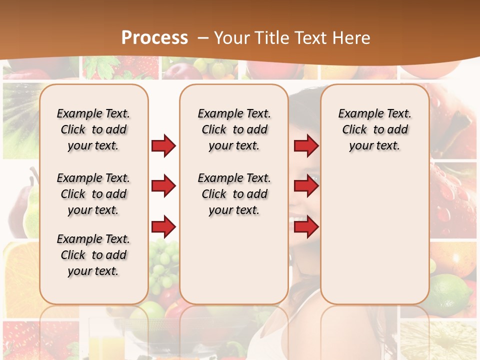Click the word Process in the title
154,37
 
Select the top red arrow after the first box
163,145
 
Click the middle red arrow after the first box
163,186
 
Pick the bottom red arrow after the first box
163,227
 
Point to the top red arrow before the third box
306,145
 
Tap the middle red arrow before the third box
306,186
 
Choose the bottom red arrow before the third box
306,227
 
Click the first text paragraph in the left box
93,129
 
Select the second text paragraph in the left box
93,194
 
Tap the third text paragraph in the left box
93,255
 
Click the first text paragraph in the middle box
234,129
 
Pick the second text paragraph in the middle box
234,194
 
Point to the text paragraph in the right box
375,129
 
